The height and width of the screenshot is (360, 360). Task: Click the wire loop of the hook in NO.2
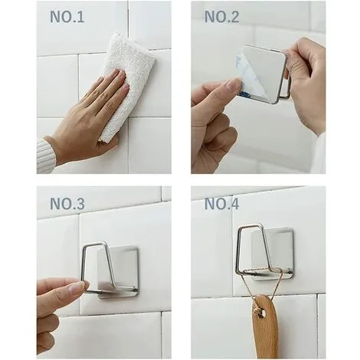pyautogui.click(x=285, y=77)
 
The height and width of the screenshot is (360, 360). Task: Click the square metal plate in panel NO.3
pyautogui.click(x=123, y=268)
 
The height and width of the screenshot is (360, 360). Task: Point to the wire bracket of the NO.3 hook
pyautogui.click(x=86, y=264)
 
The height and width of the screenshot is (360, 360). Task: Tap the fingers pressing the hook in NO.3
pyautogui.click(x=61, y=295)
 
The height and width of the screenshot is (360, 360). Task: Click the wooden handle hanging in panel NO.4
pyautogui.click(x=264, y=326)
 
